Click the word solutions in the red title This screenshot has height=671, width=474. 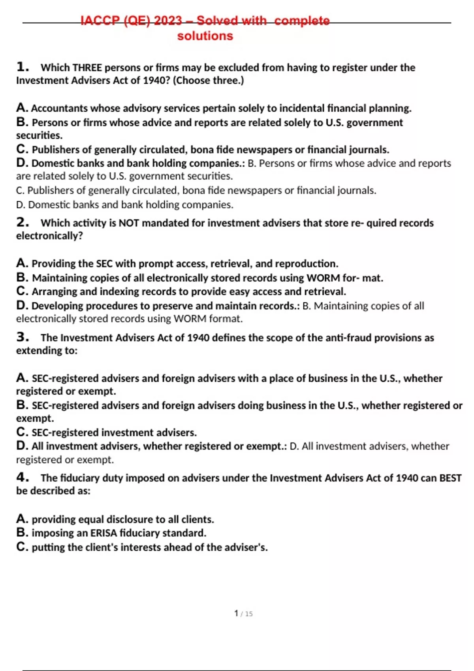coord(205,36)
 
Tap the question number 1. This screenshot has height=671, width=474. coord(23,67)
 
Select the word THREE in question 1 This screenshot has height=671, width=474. coord(87,67)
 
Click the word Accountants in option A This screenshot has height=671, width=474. coord(59,108)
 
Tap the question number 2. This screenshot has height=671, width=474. coord(23,222)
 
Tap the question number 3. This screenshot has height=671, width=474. coord(23,337)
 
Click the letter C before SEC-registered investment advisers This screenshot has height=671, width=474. coord(21,432)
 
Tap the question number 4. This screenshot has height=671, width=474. coord(23,477)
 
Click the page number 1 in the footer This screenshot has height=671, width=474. coord(236,613)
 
